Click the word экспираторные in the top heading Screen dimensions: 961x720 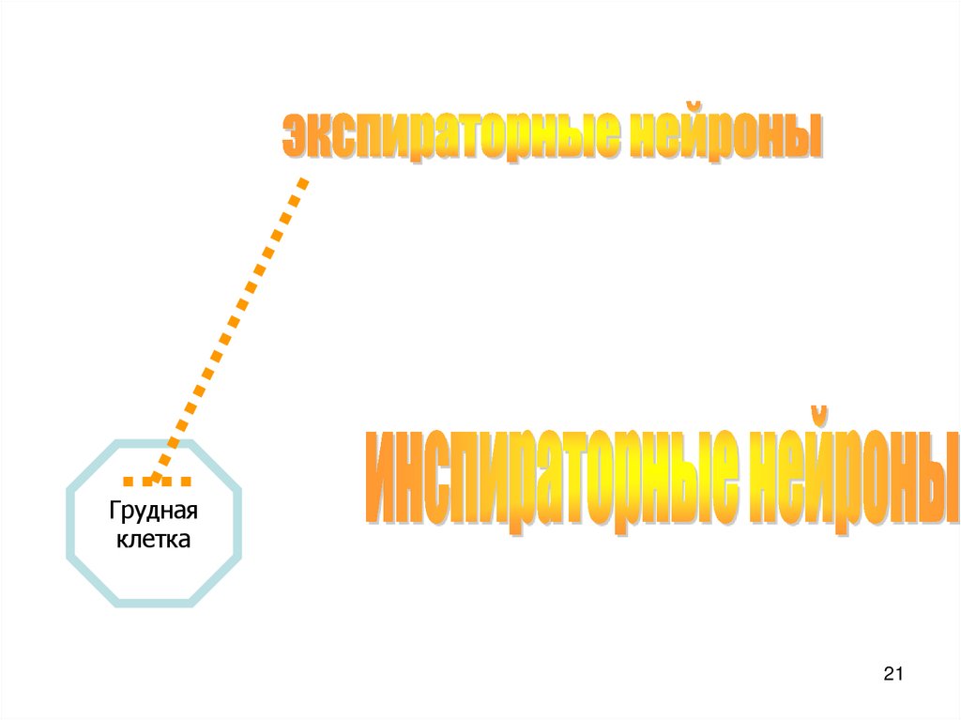coord(450,137)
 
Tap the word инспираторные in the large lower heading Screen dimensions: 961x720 coord(549,477)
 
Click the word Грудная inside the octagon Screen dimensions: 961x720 coord(153,513)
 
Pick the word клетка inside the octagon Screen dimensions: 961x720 coord(153,540)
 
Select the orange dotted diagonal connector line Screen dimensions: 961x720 coord(230,324)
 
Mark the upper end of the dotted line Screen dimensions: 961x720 coord(301,181)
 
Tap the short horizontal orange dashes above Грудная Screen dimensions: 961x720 coord(157,482)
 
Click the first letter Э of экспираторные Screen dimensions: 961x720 coord(294,138)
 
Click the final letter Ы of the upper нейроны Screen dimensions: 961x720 coord(807,137)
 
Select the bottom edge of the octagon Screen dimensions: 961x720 coord(153,604)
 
